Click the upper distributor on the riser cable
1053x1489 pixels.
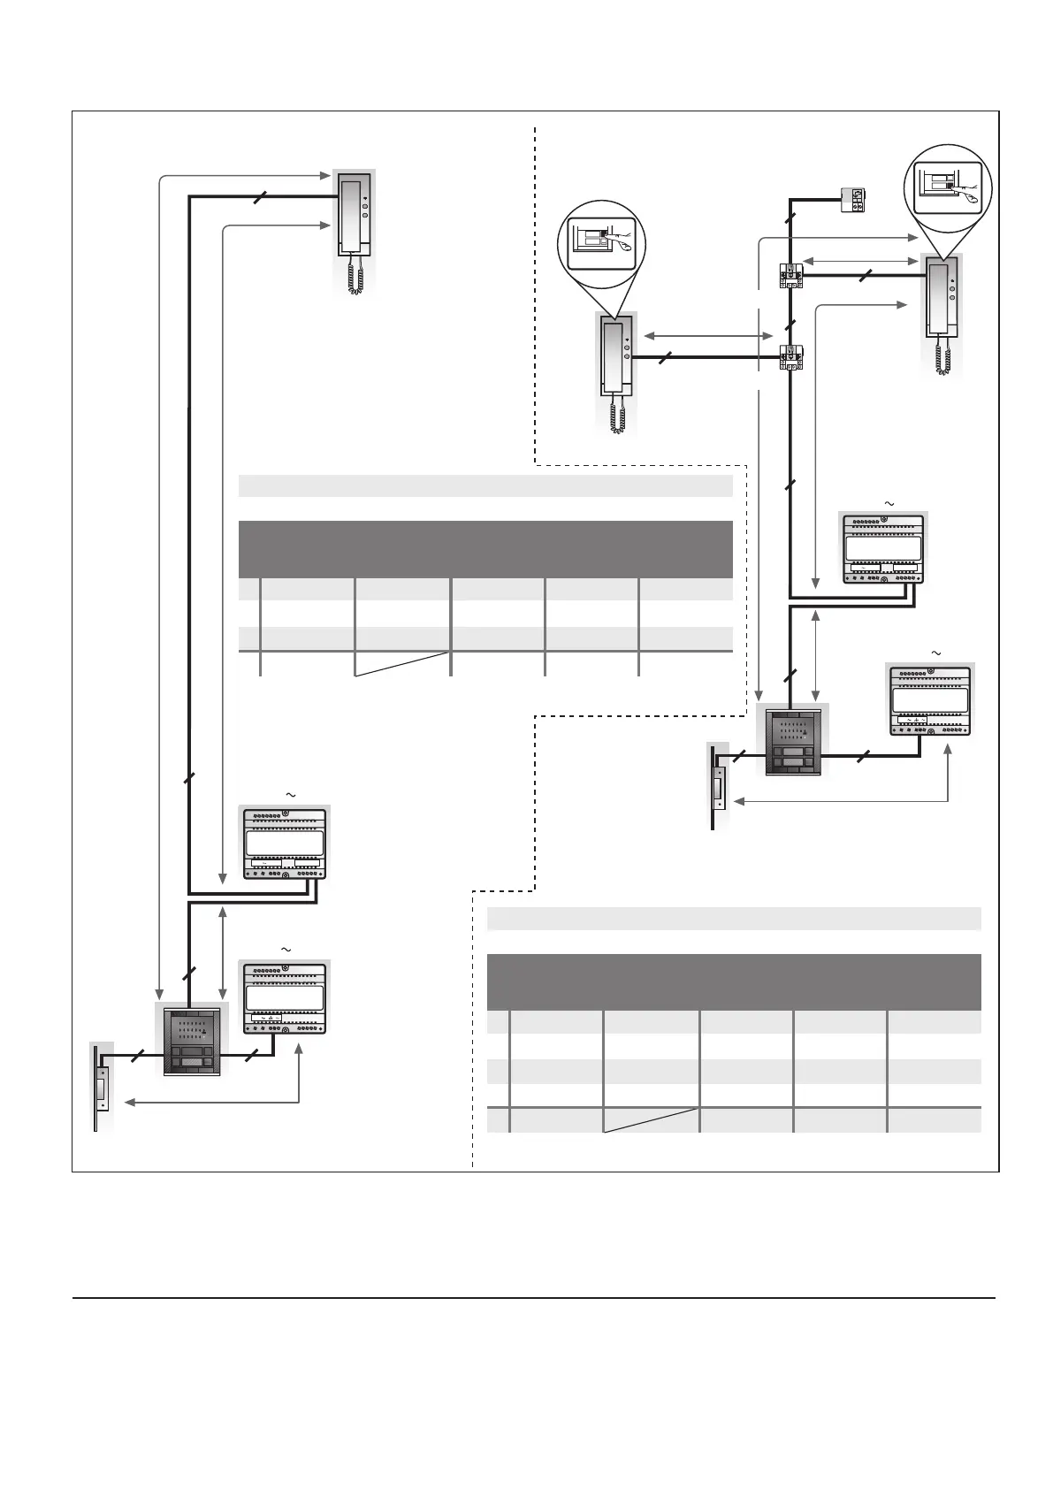point(790,276)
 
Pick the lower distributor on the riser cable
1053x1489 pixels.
point(790,356)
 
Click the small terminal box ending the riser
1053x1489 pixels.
point(853,201)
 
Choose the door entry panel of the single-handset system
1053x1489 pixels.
point(191,1040)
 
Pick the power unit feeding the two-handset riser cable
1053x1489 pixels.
point(883,548)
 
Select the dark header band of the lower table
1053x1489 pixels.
point(734,981)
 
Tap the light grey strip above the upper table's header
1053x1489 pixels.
point(485,485)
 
